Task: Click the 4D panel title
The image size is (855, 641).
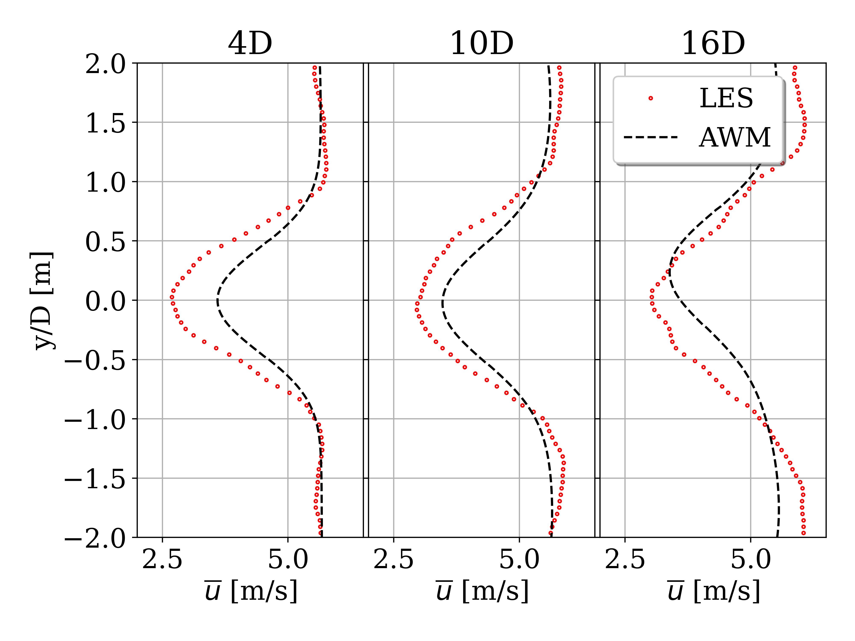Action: pos(250,43)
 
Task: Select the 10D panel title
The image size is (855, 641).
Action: pos(482,43)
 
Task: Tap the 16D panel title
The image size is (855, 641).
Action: pos(713,43)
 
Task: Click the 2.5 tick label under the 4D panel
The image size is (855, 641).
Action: pos(162,559)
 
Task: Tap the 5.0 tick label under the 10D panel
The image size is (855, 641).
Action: pos(519,559)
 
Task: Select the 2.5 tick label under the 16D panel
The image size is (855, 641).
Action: pos(625,559)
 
